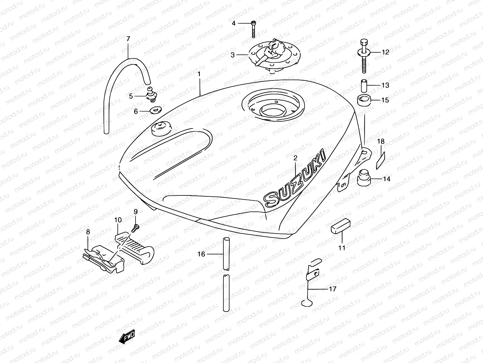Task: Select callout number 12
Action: pos(385,52)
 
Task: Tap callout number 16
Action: pos(201,254)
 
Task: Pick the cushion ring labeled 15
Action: pos(364,100)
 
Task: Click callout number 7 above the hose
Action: pos(128,39)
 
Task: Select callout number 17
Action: pos(332,289)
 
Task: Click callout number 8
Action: pos(88,232)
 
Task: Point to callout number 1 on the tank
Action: pos(207,74)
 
